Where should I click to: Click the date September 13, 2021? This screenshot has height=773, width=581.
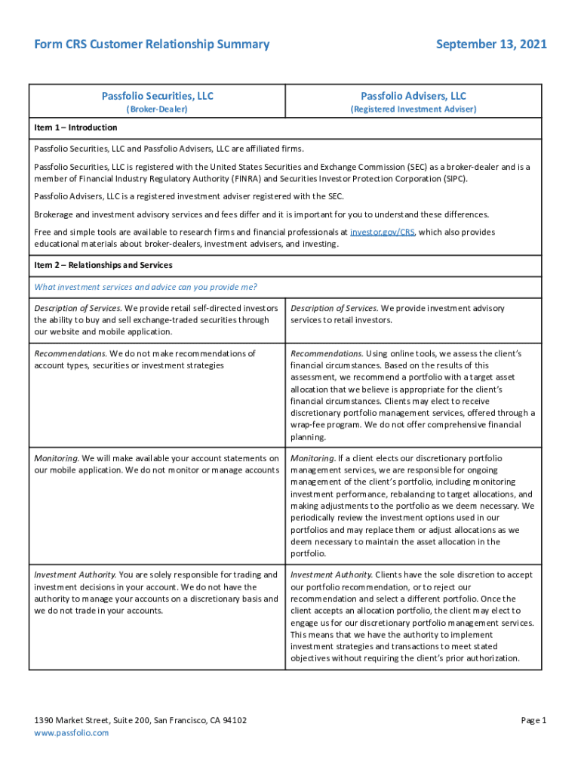[491, 45]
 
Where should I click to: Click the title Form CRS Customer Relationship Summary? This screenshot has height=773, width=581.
[152, 45]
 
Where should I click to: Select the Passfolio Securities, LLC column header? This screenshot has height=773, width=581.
[158, 96]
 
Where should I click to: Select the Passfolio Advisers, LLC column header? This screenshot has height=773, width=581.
[413, 96]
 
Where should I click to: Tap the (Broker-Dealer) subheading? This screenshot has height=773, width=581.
[157, 109]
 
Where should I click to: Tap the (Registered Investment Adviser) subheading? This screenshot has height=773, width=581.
[413, 109]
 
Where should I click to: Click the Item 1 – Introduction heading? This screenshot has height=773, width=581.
[75, 128]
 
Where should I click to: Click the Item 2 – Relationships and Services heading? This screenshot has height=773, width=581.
[103, 266]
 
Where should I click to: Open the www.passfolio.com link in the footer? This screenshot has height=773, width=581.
[72, 733]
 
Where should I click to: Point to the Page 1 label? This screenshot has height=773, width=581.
[533, 721]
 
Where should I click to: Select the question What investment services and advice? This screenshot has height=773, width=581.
[146, 287]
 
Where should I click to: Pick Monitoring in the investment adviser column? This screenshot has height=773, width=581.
[312, 458]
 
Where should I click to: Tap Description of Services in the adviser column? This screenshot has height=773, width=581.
[334, 308]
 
